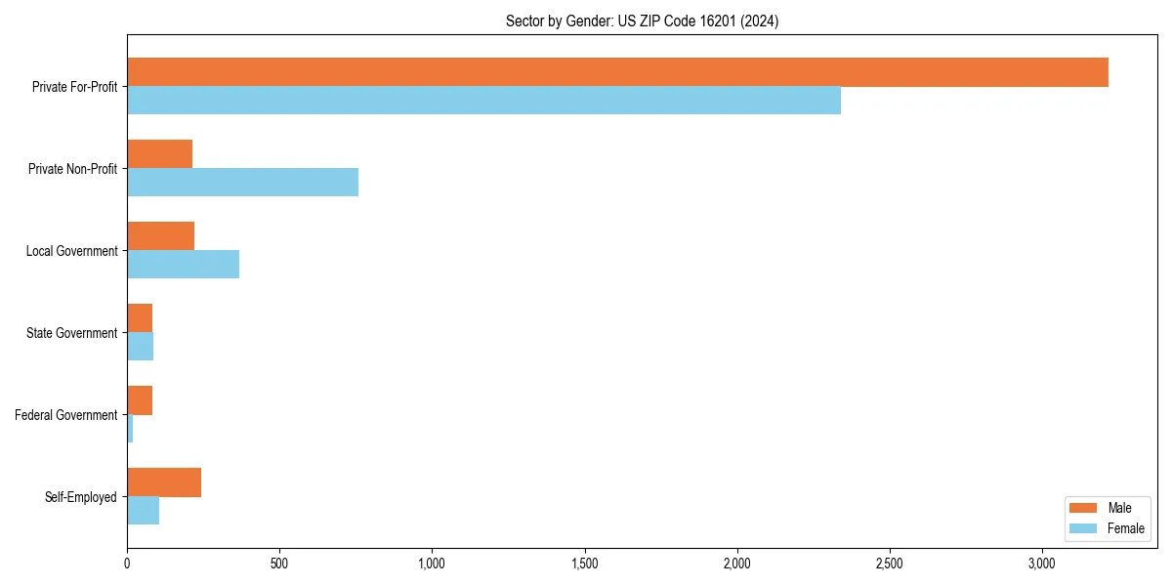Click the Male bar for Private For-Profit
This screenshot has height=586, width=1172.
617,72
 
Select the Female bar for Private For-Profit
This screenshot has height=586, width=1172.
483,101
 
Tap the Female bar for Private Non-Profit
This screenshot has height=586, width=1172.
242,183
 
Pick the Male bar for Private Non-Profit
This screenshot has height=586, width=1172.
159,153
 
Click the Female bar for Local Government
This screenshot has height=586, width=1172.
183,265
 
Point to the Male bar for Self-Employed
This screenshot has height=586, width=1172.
164,482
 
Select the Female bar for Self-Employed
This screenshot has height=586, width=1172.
143,511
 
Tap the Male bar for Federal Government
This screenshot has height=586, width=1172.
140,400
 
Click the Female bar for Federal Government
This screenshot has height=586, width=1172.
130,429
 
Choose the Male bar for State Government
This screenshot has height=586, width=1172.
140,318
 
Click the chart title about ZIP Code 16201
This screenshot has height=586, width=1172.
642,21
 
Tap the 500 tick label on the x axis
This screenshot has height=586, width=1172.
279,564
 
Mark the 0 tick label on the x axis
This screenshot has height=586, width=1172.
127,564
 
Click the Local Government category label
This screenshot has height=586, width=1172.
71,251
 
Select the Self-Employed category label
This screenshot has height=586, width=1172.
80,497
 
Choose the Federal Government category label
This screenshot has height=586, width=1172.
65,415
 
